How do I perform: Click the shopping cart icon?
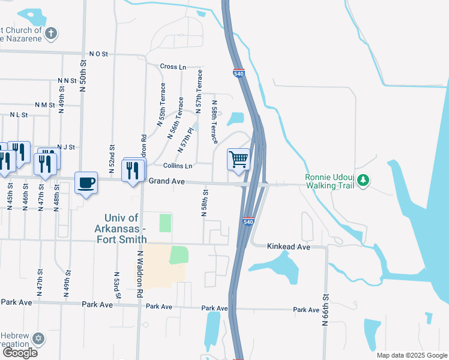pos(238,160)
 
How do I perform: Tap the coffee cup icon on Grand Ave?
pos(86,182)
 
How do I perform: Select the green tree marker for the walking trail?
pos(363,179)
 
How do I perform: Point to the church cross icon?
pos(52,32)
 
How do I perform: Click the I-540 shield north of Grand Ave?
pos(238,73)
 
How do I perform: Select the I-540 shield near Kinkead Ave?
pos(249,221)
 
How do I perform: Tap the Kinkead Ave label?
pos(289,247)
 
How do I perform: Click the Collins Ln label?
pos(178,166)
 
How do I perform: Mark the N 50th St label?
pos(83,76)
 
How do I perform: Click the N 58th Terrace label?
pos(214,122)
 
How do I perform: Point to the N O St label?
pos(98,54)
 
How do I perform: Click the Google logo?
pos(19,353)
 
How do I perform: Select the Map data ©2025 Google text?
pos(412,355)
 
